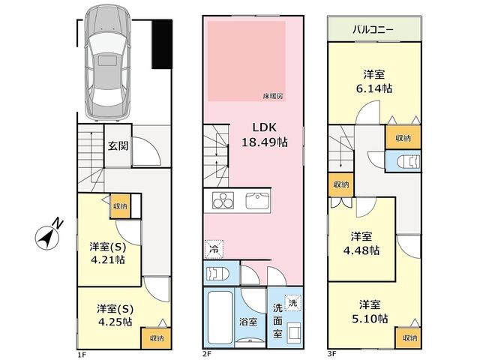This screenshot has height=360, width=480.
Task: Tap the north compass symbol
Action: [x=49, y=235]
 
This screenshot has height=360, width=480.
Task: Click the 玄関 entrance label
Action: [x=118, y=146]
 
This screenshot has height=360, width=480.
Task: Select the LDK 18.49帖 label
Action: [x=265, y=135]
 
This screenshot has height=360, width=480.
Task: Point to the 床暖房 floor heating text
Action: [x=273, y=97]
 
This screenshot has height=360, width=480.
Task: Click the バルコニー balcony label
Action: [x=373, y=30]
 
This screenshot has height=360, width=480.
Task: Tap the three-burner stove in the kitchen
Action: [x=223, y=200]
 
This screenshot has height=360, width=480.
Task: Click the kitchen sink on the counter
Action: [x=257, y=201]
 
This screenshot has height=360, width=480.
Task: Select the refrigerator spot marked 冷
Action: [x=214, y=249]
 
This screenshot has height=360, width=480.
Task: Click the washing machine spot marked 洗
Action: [x=293, y=303]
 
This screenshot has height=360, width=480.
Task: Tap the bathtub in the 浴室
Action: [x=220, y=317]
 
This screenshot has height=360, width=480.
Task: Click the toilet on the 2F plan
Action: [x=217, y=273]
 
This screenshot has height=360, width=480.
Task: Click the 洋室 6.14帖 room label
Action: [x=374, y=82]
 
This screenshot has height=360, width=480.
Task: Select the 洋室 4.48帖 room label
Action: [x=361, y=243]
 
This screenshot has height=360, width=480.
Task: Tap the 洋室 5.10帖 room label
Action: [x=370, y=312]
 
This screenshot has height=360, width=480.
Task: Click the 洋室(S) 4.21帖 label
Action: [x=108, y=253]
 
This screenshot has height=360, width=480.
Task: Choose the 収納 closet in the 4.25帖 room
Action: [x=157, y=338]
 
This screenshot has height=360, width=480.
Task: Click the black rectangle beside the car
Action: [x=162, y=43]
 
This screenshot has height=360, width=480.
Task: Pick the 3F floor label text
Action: [x=331, y=354]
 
